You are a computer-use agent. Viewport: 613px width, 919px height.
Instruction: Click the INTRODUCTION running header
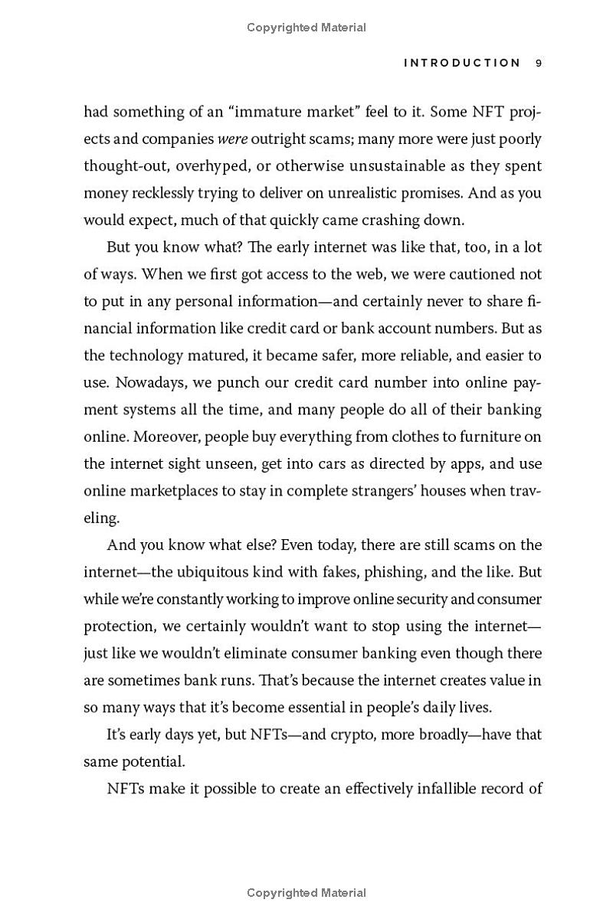click(462, 64)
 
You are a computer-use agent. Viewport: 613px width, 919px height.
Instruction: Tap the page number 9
click(539, 64)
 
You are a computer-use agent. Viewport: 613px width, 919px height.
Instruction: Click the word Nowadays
click(120, 383)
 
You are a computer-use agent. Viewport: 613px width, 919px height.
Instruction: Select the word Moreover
click(119, 437)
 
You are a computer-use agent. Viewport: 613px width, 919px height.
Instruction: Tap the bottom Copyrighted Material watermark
click(306, 893)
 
